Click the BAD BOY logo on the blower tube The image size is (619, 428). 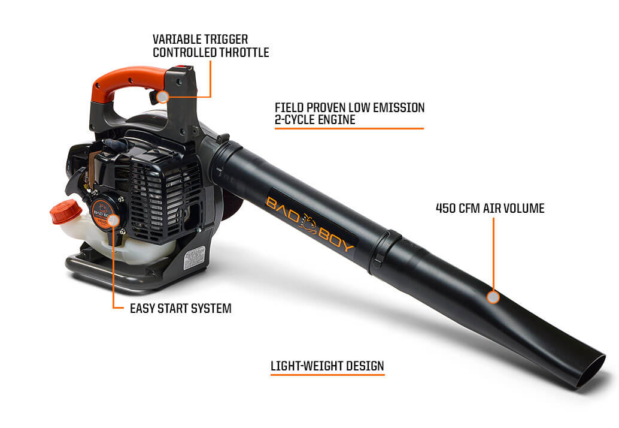click(311, 222)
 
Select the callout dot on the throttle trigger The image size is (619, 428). click(162, 97)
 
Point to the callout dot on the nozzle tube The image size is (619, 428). click(493, 297)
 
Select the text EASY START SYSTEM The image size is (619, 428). click(180, 309)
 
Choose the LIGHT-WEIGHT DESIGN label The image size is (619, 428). click(327, 365)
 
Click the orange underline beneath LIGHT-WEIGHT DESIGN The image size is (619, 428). click(327, 375)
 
